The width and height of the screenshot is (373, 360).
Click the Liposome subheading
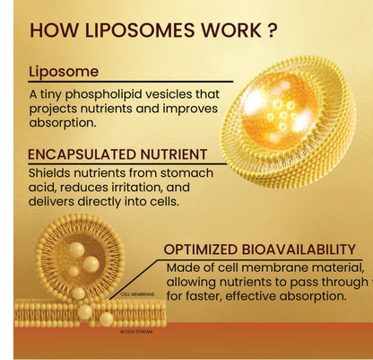click(64, 72)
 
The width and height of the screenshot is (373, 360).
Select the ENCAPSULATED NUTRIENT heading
click(117, 154)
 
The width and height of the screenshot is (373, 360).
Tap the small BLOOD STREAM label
click(135, 331)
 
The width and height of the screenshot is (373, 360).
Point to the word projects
click(55, 110)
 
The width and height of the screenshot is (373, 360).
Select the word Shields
click(52, 173)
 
